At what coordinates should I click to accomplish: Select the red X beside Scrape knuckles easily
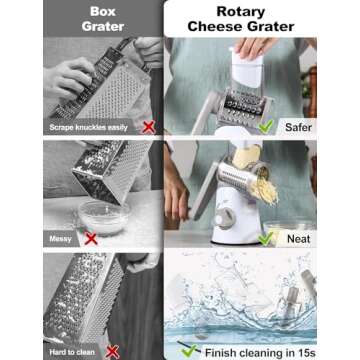(x=147, y=128)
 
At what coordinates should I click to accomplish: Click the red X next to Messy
(x=89, y=239)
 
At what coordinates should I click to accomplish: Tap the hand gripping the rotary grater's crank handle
(x=186, y=196)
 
